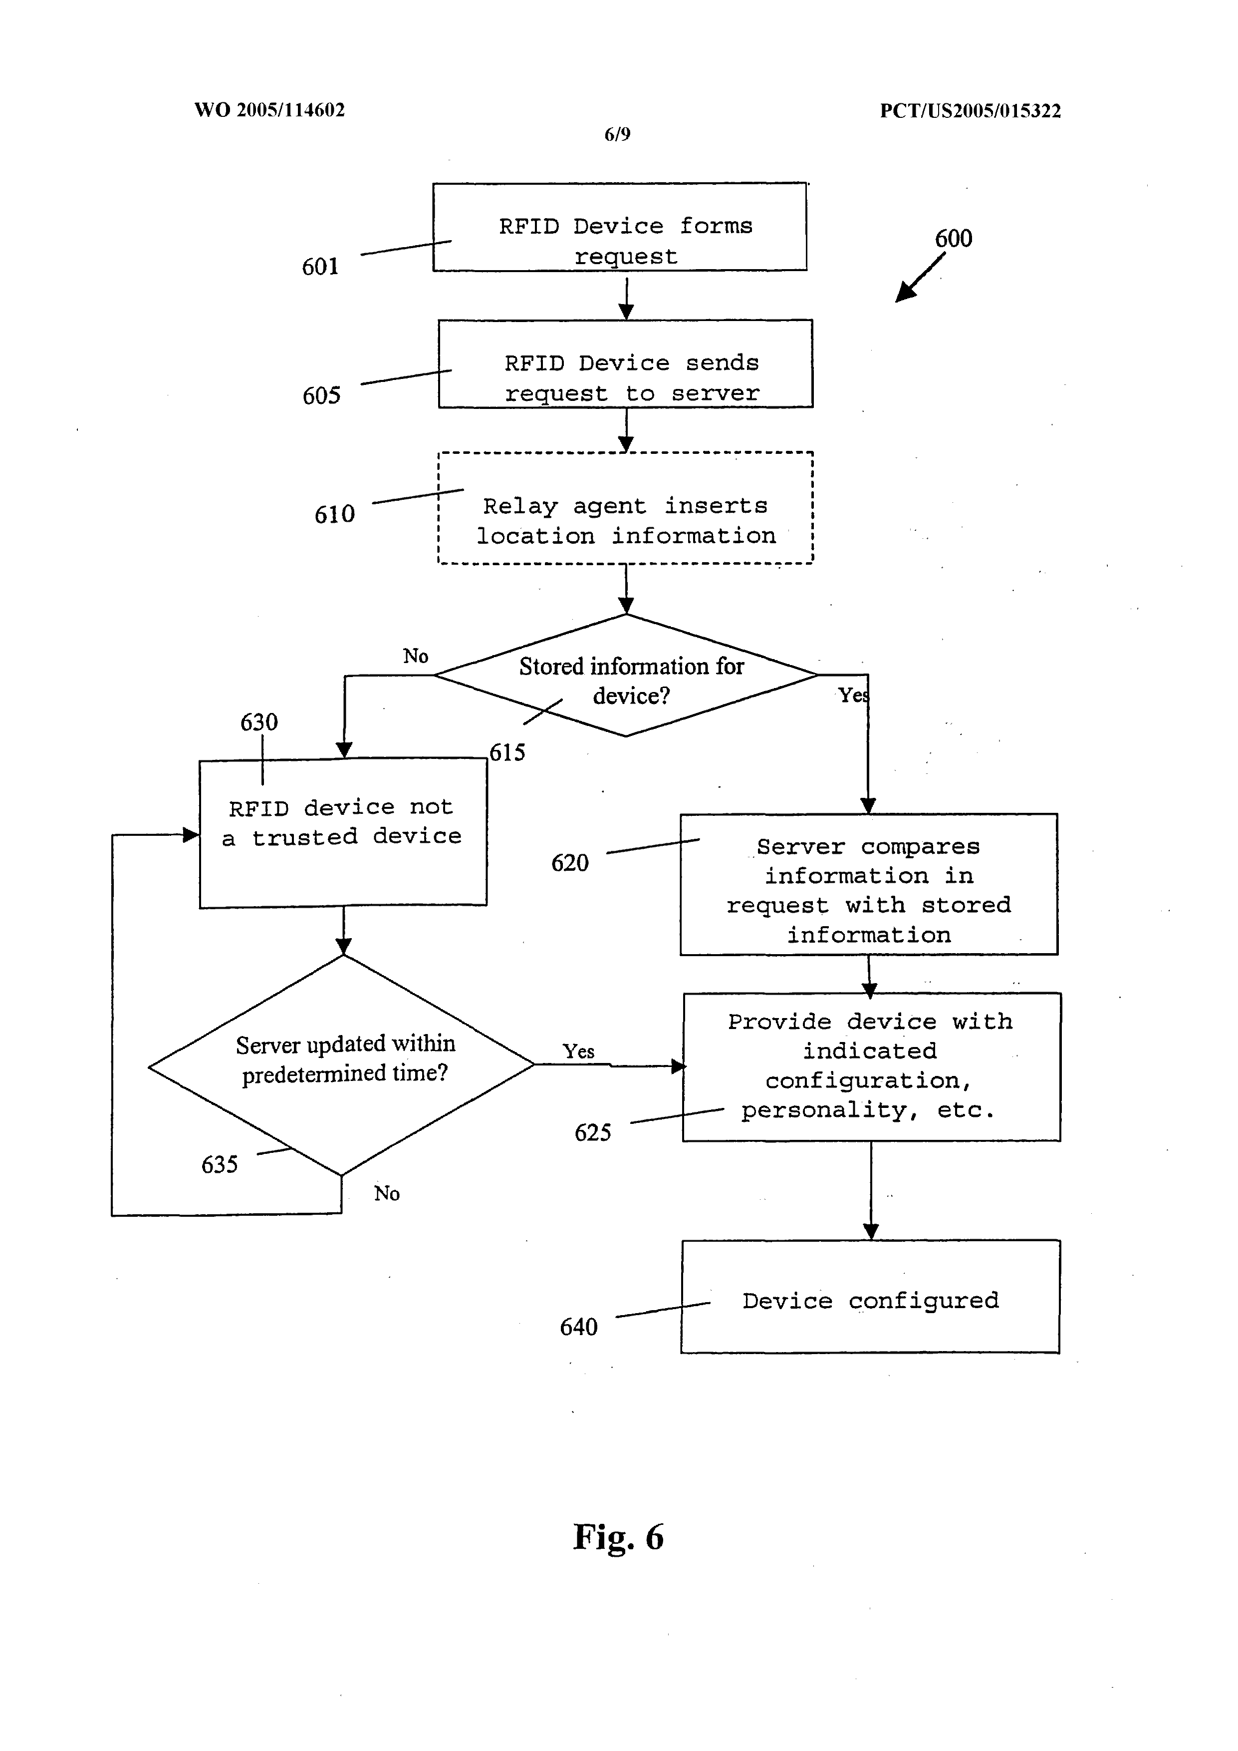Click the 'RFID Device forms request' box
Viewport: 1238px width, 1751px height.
click(x=620, y=227)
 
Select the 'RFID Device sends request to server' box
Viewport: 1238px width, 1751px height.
click(x=626, y=364)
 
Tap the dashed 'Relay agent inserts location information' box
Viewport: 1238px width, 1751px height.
click(x=626, y=508)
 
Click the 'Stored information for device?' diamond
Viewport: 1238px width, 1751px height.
click(x=626, y=675)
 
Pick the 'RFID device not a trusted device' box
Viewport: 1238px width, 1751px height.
click(x=343, y=833)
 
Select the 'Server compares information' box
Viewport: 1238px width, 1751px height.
click(x=869, y=885)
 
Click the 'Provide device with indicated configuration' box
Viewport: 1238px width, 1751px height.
click(x=871, y=1067)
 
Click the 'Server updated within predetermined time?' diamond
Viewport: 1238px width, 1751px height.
click(x=341, y=1065)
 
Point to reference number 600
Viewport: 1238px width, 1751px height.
click(x=954, y=239)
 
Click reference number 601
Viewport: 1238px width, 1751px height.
click(x=320, y=266)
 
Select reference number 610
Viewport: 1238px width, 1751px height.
click(x=335, y=514)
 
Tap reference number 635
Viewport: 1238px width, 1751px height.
click(x=220, y=1164)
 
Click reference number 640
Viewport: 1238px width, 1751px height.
click(x=579, y=1327)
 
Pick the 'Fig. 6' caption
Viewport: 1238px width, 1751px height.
click(x=618, y=1537)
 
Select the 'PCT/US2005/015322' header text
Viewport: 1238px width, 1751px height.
click(x=971, y=110)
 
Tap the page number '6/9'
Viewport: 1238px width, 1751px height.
click(x=617, y=134)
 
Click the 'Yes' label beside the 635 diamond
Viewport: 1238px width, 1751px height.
click(x=579, y=1051)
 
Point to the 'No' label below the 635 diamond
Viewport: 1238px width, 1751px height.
click(x=387, y=1193)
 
